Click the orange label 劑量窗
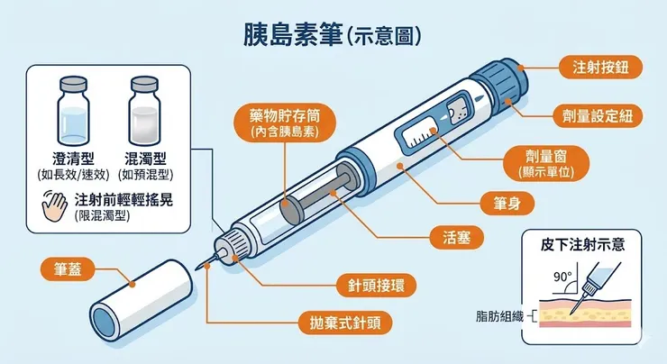pyautogui.click(x=547, y=159)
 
